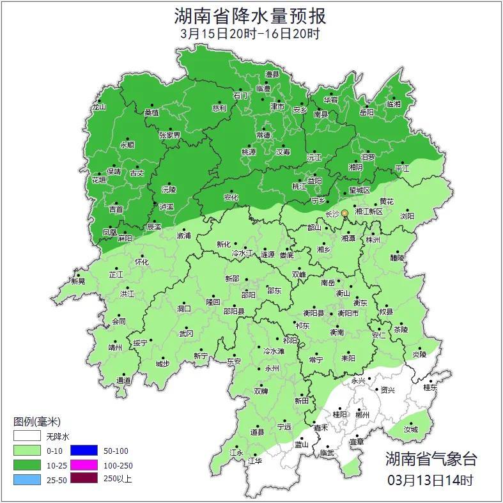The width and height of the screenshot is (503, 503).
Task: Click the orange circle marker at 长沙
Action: point(345,213)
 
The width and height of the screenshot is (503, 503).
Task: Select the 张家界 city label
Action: point(169,135)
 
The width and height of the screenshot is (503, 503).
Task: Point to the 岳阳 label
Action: point(366,113)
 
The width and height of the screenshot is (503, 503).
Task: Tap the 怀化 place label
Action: point(141,262)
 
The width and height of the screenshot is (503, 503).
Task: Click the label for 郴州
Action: point(362,415)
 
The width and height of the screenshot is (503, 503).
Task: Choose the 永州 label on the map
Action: point(272,369)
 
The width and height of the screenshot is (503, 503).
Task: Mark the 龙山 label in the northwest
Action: point(98,107)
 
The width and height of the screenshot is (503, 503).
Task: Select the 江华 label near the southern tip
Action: point(254,460)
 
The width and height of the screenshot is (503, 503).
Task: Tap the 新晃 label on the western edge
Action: point(78,281)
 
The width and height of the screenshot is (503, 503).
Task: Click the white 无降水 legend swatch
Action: point(27,437)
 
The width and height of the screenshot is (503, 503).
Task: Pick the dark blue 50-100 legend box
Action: point(84,451)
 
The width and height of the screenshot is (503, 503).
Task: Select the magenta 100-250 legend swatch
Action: point(84,465)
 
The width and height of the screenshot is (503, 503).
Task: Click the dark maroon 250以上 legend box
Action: point(84,478)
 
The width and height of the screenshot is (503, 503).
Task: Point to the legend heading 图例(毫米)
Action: point(36,422)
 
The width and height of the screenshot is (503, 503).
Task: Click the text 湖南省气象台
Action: point(430,458)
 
